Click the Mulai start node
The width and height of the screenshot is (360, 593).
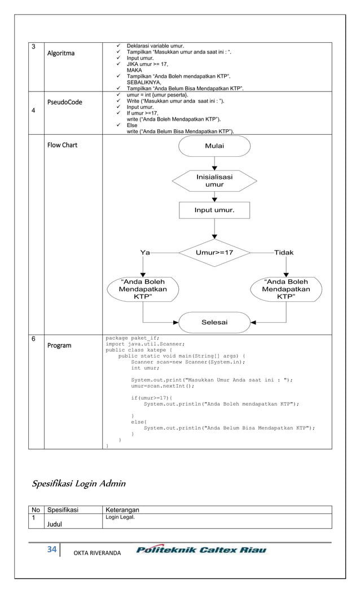point(214,146)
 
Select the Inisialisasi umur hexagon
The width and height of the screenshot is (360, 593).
point(214,181)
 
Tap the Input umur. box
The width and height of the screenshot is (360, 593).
point(214,210)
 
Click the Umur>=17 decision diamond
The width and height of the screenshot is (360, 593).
point(214,253)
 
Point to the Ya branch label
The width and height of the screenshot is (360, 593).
point(145,253)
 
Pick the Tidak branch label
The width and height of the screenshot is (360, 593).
point(283,253)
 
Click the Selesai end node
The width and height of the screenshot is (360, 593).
point(214,322)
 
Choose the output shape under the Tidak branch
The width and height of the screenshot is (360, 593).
point(286,289)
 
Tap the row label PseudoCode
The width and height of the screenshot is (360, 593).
point(64,102)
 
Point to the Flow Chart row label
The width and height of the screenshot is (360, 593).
point(63,145)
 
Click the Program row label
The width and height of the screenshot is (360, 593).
point(59,345)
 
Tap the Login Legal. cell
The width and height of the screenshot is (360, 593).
point(120,517)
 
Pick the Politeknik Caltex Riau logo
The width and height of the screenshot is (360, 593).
point(201,550)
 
